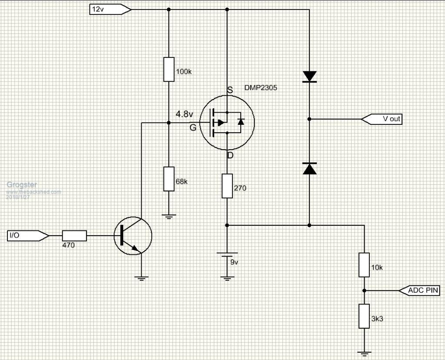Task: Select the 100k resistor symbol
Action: pos(169,69)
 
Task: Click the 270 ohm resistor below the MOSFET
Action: pos(227,186)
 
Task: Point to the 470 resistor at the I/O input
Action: pos(74,236)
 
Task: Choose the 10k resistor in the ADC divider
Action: pos(364,264)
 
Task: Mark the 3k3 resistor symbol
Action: pos(364,316)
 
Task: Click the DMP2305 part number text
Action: pos(260,87)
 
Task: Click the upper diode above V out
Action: pos(309,77)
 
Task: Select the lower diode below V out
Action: pos(309,168)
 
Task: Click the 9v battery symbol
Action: pos(227,256)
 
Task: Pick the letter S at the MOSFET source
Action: pos(230,90)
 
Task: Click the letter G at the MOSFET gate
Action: pos(193,127)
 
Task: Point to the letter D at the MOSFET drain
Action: pos(230,155)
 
